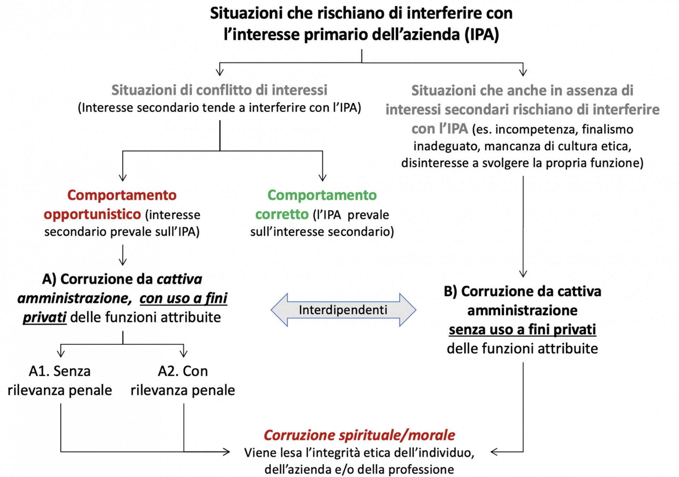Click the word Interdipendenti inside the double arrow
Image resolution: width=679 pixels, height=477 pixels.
343,310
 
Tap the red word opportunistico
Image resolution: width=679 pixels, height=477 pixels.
92,214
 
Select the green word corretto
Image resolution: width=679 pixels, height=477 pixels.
282,214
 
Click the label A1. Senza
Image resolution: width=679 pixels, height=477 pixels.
59,371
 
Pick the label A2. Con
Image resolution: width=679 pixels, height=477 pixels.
182,371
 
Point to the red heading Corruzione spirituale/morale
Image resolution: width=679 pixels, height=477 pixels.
359,435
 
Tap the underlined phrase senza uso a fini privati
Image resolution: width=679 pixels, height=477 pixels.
522,329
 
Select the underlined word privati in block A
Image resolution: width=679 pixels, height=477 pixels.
45,317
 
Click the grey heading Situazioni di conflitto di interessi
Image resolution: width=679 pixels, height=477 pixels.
219,90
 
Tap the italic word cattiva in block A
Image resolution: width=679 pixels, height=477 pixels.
179,279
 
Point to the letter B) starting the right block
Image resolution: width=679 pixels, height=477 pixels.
451,292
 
